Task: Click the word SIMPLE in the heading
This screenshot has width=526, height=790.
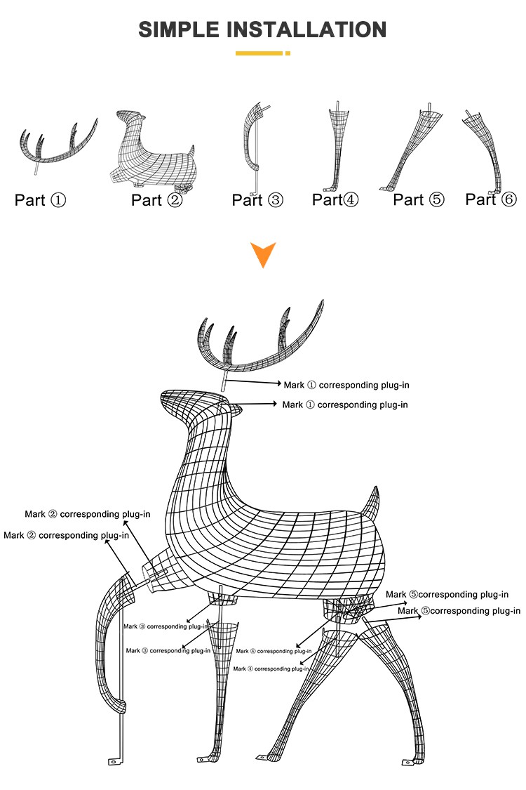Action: pos(180,29)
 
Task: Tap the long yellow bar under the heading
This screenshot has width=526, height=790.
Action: pos(259,53)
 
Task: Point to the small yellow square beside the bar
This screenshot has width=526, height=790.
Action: pos(288,53)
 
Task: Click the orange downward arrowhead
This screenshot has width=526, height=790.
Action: pos(263,254)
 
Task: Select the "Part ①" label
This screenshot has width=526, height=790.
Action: pos(40,200)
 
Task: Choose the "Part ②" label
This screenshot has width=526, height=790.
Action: pos(156,200)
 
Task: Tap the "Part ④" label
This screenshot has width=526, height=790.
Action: pos(335,199)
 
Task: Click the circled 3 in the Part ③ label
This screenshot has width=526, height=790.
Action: pos(276,200)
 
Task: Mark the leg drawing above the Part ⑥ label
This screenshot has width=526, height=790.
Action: pos(486,151)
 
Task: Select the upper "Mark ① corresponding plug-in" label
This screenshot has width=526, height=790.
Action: pos(346,385)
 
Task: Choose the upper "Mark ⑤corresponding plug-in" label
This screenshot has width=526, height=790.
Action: pos(447,595)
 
